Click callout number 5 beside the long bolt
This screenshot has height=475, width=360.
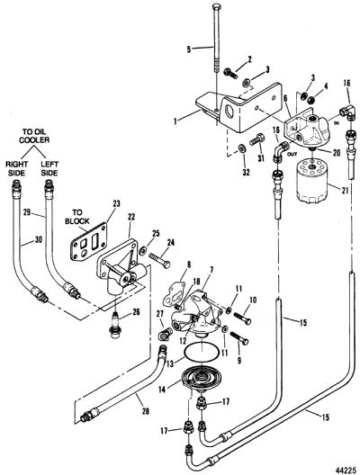click(x=189, y=49)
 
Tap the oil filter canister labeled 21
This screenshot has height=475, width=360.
click(x=312, y=181)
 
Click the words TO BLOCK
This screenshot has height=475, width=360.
click(x=77, y=217)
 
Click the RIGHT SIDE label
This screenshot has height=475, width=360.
click(x=17, y=168)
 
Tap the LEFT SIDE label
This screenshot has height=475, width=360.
click(x=49, y=168)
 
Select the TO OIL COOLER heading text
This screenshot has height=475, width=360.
click(x=36, y=136)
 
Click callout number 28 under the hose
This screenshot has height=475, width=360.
click(x=146, y=411)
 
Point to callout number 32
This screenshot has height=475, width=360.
click(x=246, y=172)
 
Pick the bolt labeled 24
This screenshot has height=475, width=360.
click(x=159, y=260)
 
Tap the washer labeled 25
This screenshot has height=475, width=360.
click(x=142, y=250)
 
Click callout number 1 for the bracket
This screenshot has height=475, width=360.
click(x=175, y=121)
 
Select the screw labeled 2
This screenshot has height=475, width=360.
click(x=231, y=73)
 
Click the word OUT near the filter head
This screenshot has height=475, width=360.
click(x=292, y=155)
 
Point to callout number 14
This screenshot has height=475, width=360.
click(x=162, y=390)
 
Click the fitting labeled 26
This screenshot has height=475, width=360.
click(x=114, y=325)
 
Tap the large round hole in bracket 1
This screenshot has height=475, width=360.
click(x=230, y=112)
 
